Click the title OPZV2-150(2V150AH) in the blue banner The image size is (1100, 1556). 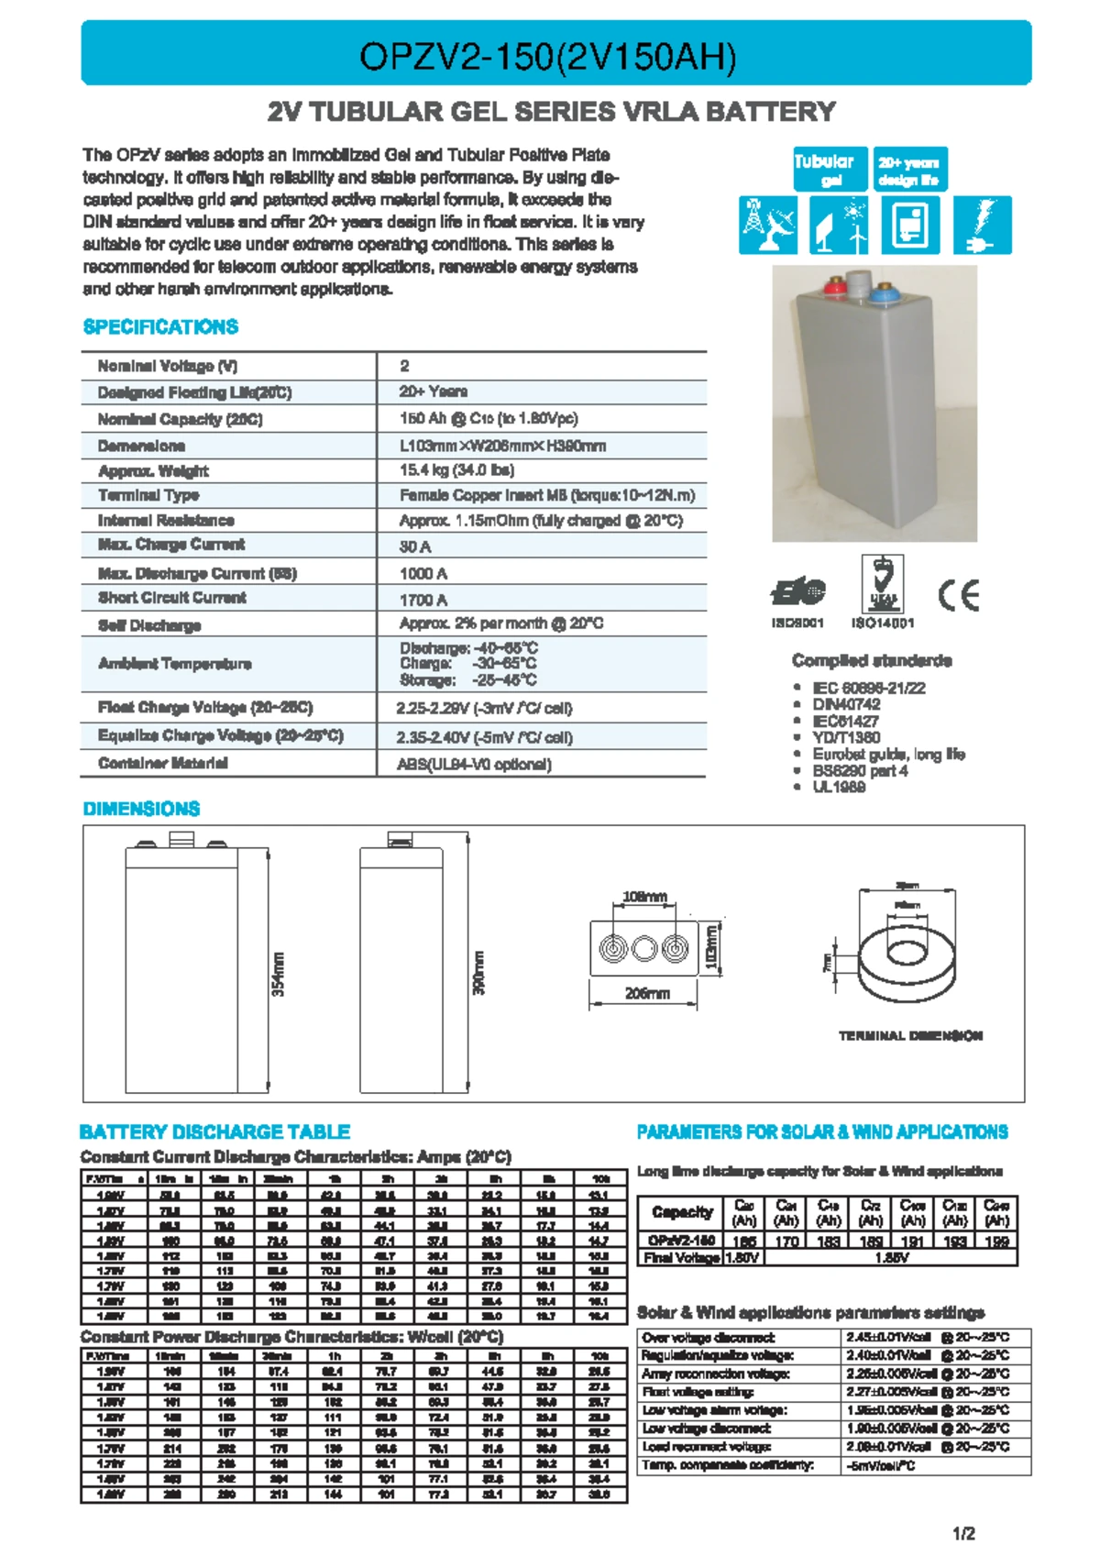[547, 57]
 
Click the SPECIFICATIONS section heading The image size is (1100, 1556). [160, 327]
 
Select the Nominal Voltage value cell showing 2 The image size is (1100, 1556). [404, 366]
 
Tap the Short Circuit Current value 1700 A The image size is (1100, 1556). [423, 600]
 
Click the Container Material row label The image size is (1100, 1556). [163, 763]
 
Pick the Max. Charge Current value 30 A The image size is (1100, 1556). [415, 546]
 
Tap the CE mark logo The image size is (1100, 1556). [959, 595]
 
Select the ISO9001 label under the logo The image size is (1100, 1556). [797, 623]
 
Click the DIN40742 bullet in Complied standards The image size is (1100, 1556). [846, 704]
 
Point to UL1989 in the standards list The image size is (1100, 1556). [839, 787]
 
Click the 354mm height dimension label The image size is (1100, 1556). [279, 974]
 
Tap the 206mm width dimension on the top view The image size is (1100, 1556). [647, 993]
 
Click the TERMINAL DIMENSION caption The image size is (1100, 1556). [910, 1035]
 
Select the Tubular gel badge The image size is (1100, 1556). [824, 169]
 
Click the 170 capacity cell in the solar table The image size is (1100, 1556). [786, 1241]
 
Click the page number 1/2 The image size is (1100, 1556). [963, 1533]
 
